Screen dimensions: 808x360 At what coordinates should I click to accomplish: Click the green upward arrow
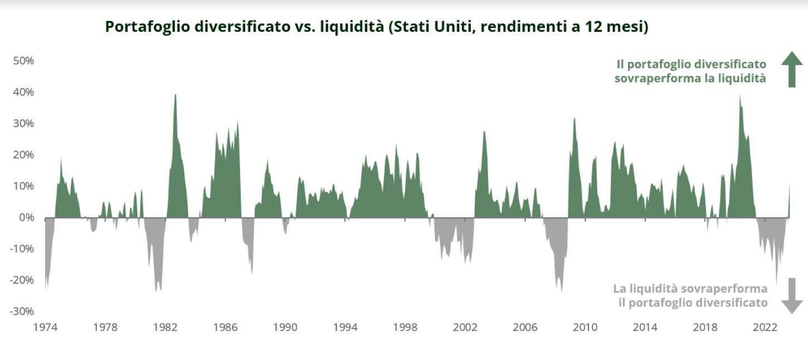(x=792, y=69)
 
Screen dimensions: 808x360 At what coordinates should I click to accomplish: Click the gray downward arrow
(x=792, y=296)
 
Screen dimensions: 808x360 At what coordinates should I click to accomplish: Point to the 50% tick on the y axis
(x=23, y=61)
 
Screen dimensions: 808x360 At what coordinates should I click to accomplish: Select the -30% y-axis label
(x=22, y=311)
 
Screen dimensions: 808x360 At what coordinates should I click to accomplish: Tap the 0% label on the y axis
(x=26, y=217)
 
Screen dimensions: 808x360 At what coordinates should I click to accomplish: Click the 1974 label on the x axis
(x=46, y=327)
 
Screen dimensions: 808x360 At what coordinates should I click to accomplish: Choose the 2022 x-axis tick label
(x=765, y=327)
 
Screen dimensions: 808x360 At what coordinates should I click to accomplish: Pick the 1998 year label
(x=405, y=327)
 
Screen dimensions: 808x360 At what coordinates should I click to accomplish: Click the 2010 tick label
(x=585, y=327)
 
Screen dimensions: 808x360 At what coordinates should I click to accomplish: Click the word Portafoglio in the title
(x=148, y=27)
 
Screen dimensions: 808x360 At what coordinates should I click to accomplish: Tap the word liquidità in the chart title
(x=352, y=26)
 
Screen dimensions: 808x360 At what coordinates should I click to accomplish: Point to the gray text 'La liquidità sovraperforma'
(x=690, y=289)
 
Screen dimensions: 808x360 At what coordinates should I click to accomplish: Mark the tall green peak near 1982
(x=176, y=95)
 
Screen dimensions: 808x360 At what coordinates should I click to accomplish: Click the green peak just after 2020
(x=740, y=96)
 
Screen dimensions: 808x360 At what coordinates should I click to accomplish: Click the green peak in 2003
(x=484, y=132)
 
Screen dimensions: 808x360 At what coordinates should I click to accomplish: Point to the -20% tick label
(x=22, y=280)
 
